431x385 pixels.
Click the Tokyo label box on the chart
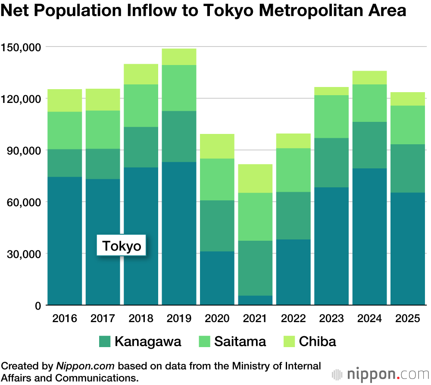coord(122,246)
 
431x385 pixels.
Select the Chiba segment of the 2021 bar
coord(255,178)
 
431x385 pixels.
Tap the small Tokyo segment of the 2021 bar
coord(255,300)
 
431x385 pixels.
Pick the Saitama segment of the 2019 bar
coord(179,88)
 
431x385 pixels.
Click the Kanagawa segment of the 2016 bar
coord(65,163)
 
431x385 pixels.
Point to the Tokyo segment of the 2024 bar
coord(369,236)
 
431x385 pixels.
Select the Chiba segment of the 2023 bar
coord(331,91)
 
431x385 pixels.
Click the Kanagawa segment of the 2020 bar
coord(217,226)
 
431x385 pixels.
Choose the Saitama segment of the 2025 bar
coord(408,125)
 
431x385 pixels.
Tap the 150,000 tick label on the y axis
coord(22,47)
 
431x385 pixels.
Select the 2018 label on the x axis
coord(141,319)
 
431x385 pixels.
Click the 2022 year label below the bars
coord(294,319)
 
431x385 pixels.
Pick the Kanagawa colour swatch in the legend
coord(105,342)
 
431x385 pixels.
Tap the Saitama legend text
coord(240,342)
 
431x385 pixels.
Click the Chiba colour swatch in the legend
coord(289,342)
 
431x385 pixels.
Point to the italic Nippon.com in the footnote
coord(85,366)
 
